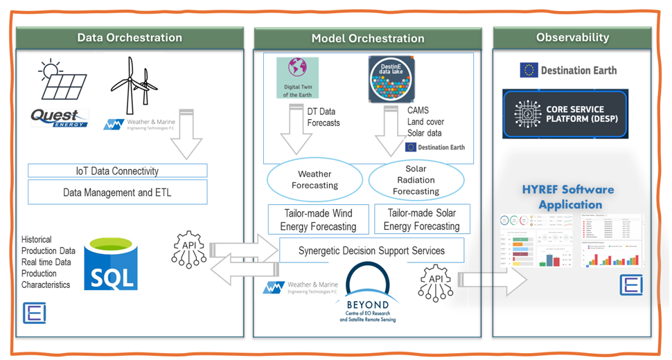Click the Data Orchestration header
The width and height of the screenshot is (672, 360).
click(130, 38)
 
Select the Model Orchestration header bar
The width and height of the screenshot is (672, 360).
click(367, 39)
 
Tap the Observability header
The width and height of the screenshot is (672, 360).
click(572, 37)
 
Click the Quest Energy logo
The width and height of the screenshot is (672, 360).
click(60, 118)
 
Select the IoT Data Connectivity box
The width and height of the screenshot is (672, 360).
click(117, 171)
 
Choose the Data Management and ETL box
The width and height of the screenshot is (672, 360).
click(117, 192)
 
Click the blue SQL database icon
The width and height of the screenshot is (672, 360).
click(110, 264)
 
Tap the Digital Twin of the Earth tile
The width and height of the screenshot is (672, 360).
click(297, 78)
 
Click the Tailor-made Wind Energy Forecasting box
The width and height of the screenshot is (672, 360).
click(318, 219)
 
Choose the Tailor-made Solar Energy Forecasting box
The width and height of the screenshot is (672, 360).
click(421, 219)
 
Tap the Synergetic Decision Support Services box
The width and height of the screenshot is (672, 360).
click(371, 251)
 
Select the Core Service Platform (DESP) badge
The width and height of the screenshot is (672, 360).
click(565, 114)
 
